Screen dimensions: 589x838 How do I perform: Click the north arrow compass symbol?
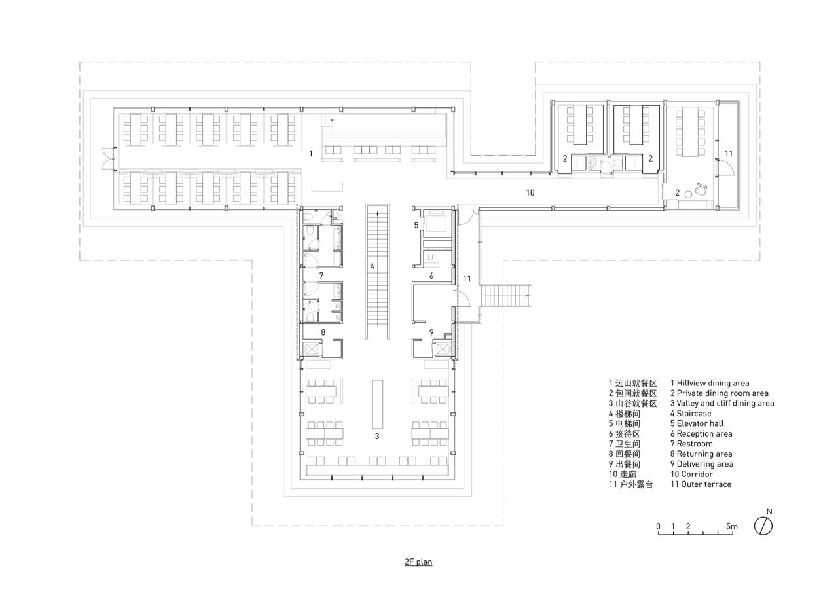pos(763,526)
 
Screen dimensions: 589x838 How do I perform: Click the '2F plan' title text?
pos(418,562)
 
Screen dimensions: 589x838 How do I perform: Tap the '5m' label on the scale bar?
pos(732,526)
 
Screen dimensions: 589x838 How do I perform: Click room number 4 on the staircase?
pos(372,266)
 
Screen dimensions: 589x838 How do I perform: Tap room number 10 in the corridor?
pos(530,192)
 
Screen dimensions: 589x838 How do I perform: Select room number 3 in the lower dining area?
pos(377,435)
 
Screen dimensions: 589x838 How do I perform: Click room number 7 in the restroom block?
pos(321,276)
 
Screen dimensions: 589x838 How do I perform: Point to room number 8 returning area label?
pos(323,332)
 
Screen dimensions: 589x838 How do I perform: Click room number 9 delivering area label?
pos(431,332)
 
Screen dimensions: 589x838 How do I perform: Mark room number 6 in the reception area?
pos(431,276)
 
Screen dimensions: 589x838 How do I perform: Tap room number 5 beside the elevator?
pos(416,225)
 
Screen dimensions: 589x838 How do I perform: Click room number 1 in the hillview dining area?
pos(311,153)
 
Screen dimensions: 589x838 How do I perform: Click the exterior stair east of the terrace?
pos(505,295)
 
